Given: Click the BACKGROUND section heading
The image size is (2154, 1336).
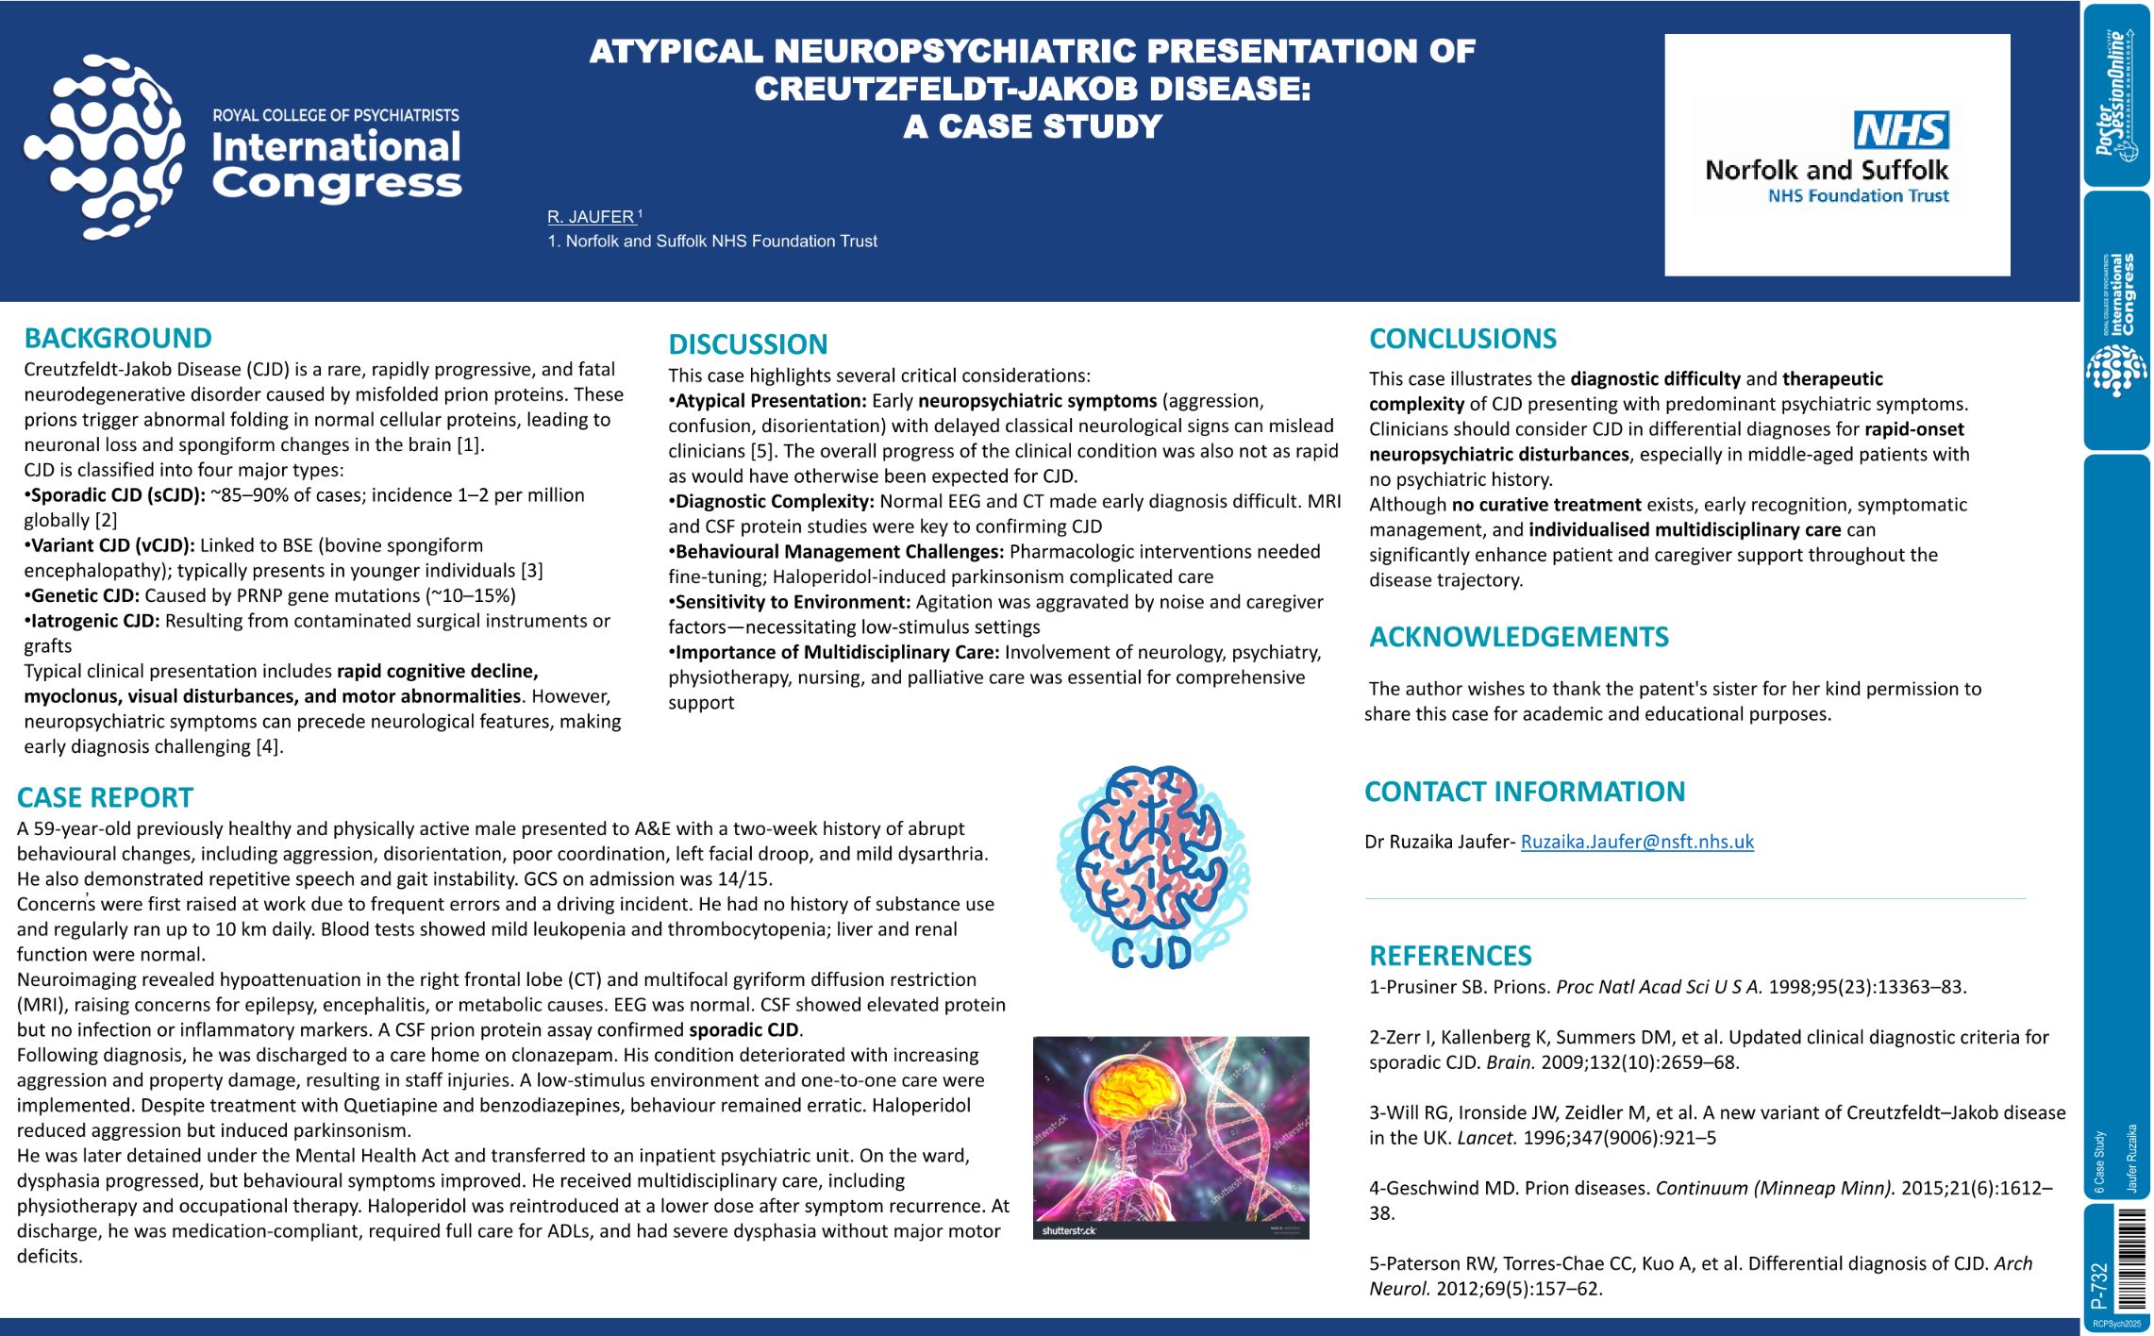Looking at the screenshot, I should click(118, 338).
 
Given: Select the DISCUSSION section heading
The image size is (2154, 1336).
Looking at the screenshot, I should click(747, 344).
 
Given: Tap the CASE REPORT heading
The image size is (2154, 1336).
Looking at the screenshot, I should click(105, 798).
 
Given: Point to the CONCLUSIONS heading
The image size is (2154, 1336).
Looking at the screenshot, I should click(1462, 339).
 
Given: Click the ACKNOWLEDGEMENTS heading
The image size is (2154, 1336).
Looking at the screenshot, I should click(1518, 637).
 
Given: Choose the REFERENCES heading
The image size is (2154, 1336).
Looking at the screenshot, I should click(1450, 956).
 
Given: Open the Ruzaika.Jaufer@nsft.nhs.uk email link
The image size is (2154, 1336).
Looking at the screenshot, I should click(1637, 842).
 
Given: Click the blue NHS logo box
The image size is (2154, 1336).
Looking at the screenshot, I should click(1901, 130).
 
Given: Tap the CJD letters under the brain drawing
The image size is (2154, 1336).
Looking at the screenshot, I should click(1151, 953).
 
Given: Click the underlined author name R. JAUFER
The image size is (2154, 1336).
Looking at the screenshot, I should click(591, 217).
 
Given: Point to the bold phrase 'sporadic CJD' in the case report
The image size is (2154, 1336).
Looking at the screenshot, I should click(744, 1029).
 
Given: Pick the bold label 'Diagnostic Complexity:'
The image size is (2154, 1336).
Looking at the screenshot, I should click(775, 501).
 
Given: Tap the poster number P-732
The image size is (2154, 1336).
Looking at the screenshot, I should click(2099, 1285).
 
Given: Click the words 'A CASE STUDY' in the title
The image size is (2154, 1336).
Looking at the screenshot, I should click(1032, 126).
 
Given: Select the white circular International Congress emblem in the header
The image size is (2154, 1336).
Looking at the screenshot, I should click(103, 147).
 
